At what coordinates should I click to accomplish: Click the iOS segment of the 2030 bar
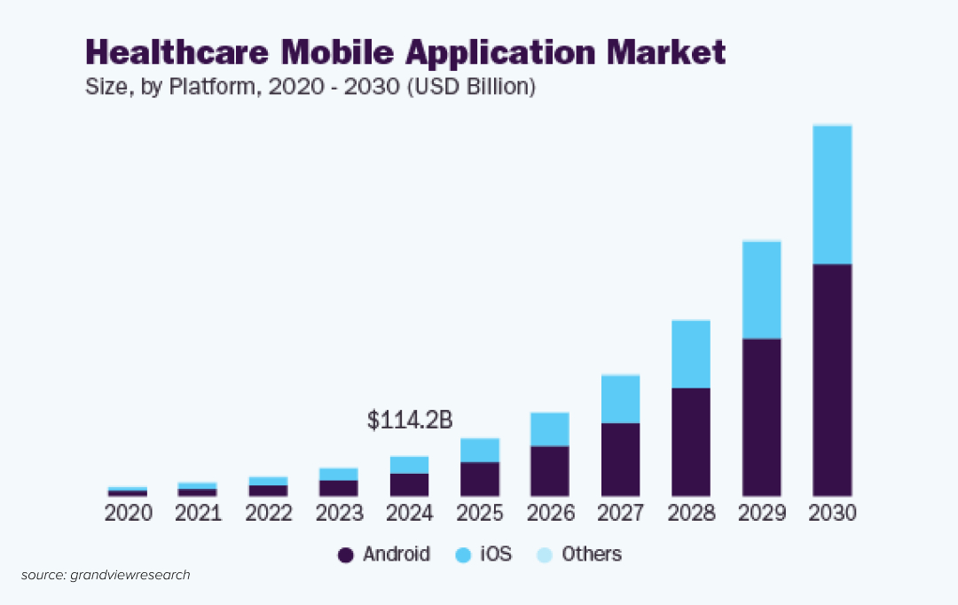tap(832, 195)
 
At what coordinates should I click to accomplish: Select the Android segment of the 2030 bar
tap(832, 380)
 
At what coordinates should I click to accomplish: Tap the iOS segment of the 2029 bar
tap(761, 290)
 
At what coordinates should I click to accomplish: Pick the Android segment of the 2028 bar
tap(691, 441)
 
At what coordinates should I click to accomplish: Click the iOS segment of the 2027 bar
tap(620, 399)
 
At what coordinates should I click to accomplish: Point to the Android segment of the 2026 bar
tap(549, 470)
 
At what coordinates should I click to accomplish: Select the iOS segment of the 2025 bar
tap(479, 451)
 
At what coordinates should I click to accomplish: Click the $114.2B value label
tap(409, 420)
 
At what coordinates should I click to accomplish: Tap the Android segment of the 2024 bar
tap(409, 484)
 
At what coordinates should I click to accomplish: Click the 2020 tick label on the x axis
tap(128, 514)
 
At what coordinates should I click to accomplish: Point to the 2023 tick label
tap(340, 514)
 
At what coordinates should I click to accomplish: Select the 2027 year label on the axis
tap(620, 514)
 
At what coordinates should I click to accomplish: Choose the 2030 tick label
tap(832, 514)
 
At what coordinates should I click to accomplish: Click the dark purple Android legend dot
tap(346, 555)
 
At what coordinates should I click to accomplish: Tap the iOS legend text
tap(496, 554)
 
